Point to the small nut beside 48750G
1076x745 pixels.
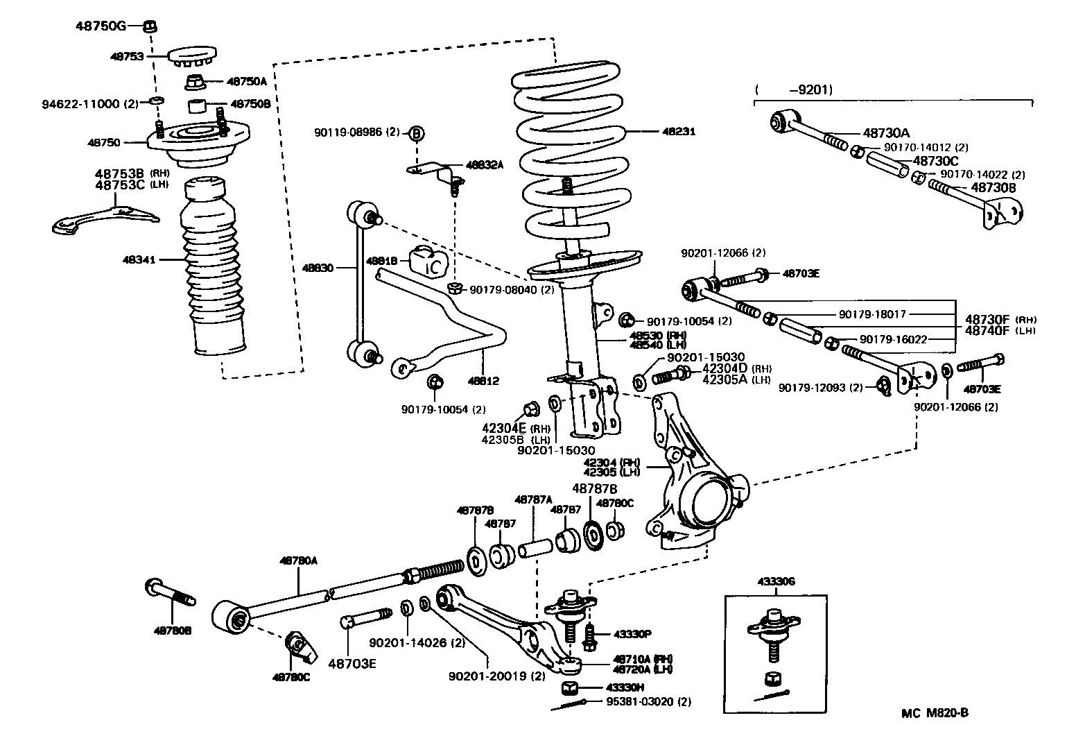click(149, 26)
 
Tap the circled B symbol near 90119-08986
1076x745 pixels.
click(415, 133)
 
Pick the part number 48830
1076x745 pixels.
click(318, 267)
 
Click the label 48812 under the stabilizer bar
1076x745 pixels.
click(483, 381)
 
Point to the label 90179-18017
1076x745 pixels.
click(872, 314)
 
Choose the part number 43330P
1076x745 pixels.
click(629, 634)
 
